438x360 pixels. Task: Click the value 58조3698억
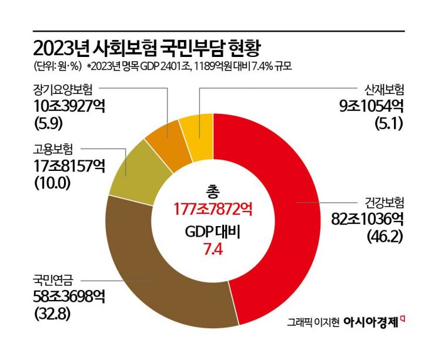(x=69, y=297)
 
